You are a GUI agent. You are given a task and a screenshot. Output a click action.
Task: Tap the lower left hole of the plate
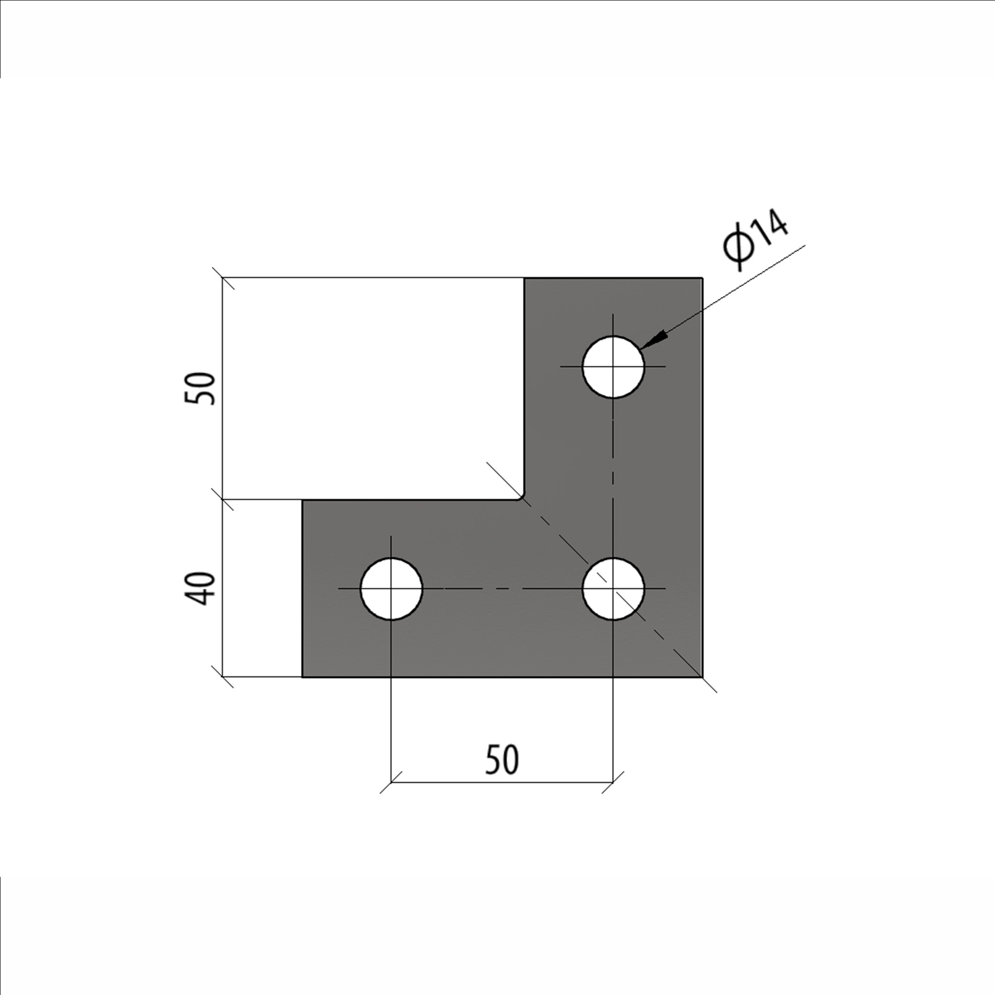392,589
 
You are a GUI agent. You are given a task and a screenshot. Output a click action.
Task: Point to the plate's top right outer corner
702,278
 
